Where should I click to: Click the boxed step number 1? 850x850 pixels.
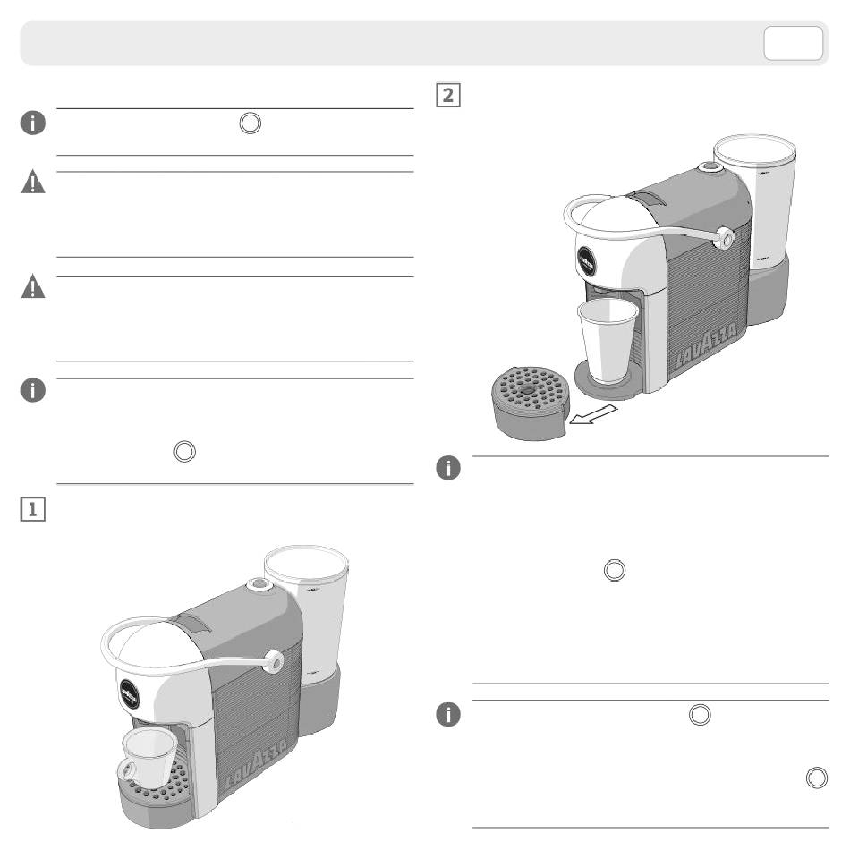[32, 509]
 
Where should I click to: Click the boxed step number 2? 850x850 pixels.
[448, 95]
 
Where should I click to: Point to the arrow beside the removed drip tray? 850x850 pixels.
[592, 414]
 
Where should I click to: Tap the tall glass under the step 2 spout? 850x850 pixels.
[607, 340]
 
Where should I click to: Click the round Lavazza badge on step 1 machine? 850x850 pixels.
[130, 693]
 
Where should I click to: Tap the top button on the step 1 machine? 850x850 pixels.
[258, 584]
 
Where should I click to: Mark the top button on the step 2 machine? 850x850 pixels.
[709, 167]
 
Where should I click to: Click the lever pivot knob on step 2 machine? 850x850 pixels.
[724, 239]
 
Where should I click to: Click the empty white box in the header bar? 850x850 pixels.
[793, 43]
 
